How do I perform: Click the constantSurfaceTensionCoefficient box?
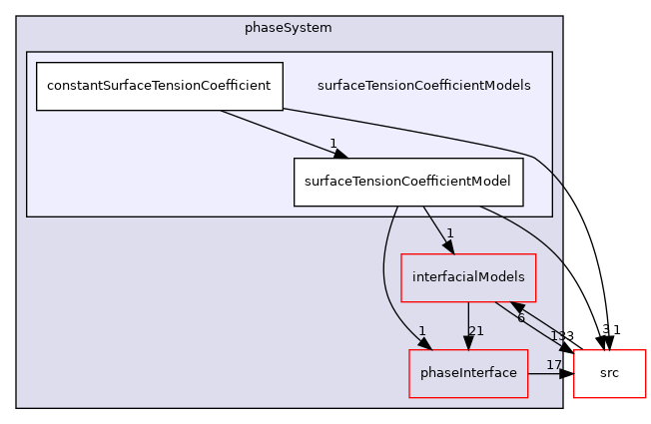coord(160,86)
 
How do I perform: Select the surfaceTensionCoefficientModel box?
coord(408,182)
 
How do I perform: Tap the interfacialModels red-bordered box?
coord(468,277)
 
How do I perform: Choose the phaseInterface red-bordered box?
coord(467,373)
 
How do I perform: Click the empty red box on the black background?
coord(609,374)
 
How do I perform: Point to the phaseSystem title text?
coord(289,27)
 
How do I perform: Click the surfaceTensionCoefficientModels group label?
coord(423,86)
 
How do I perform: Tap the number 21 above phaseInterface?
coord(476,331)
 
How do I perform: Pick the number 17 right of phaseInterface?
coord(553,365)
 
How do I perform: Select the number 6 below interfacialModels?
coord(520,317)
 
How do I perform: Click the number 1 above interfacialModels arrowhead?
coord(450,233)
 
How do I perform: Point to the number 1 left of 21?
coord(423,331)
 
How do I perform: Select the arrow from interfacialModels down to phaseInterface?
coord(468,324)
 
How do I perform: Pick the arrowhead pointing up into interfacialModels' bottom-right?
coord(516,306)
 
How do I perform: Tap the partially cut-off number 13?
coord(556,336)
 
